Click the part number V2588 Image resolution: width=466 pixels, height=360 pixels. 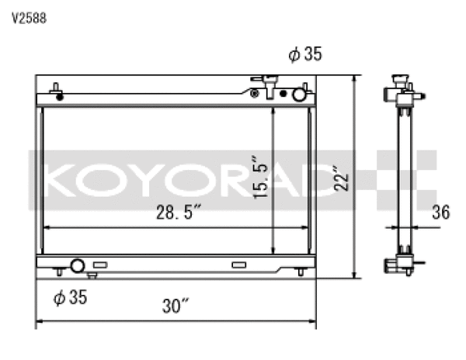29,19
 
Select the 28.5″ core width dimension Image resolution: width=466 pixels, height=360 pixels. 179,212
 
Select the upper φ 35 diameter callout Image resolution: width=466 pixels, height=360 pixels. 304,54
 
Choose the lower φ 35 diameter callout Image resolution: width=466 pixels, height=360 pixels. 69,296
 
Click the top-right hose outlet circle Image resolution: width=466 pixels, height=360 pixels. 298,94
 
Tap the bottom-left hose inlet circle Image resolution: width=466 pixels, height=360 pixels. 77,266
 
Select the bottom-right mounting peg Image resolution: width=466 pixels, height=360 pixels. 300,271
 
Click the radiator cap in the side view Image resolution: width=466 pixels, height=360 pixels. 401,80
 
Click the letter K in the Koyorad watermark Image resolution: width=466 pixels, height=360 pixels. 61,180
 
